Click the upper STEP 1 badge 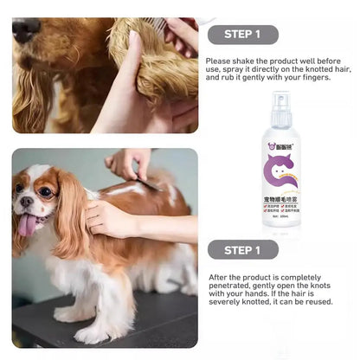tap(243, 35)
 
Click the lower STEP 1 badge tap(243, 250)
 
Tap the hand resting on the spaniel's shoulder tap(108, 217)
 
